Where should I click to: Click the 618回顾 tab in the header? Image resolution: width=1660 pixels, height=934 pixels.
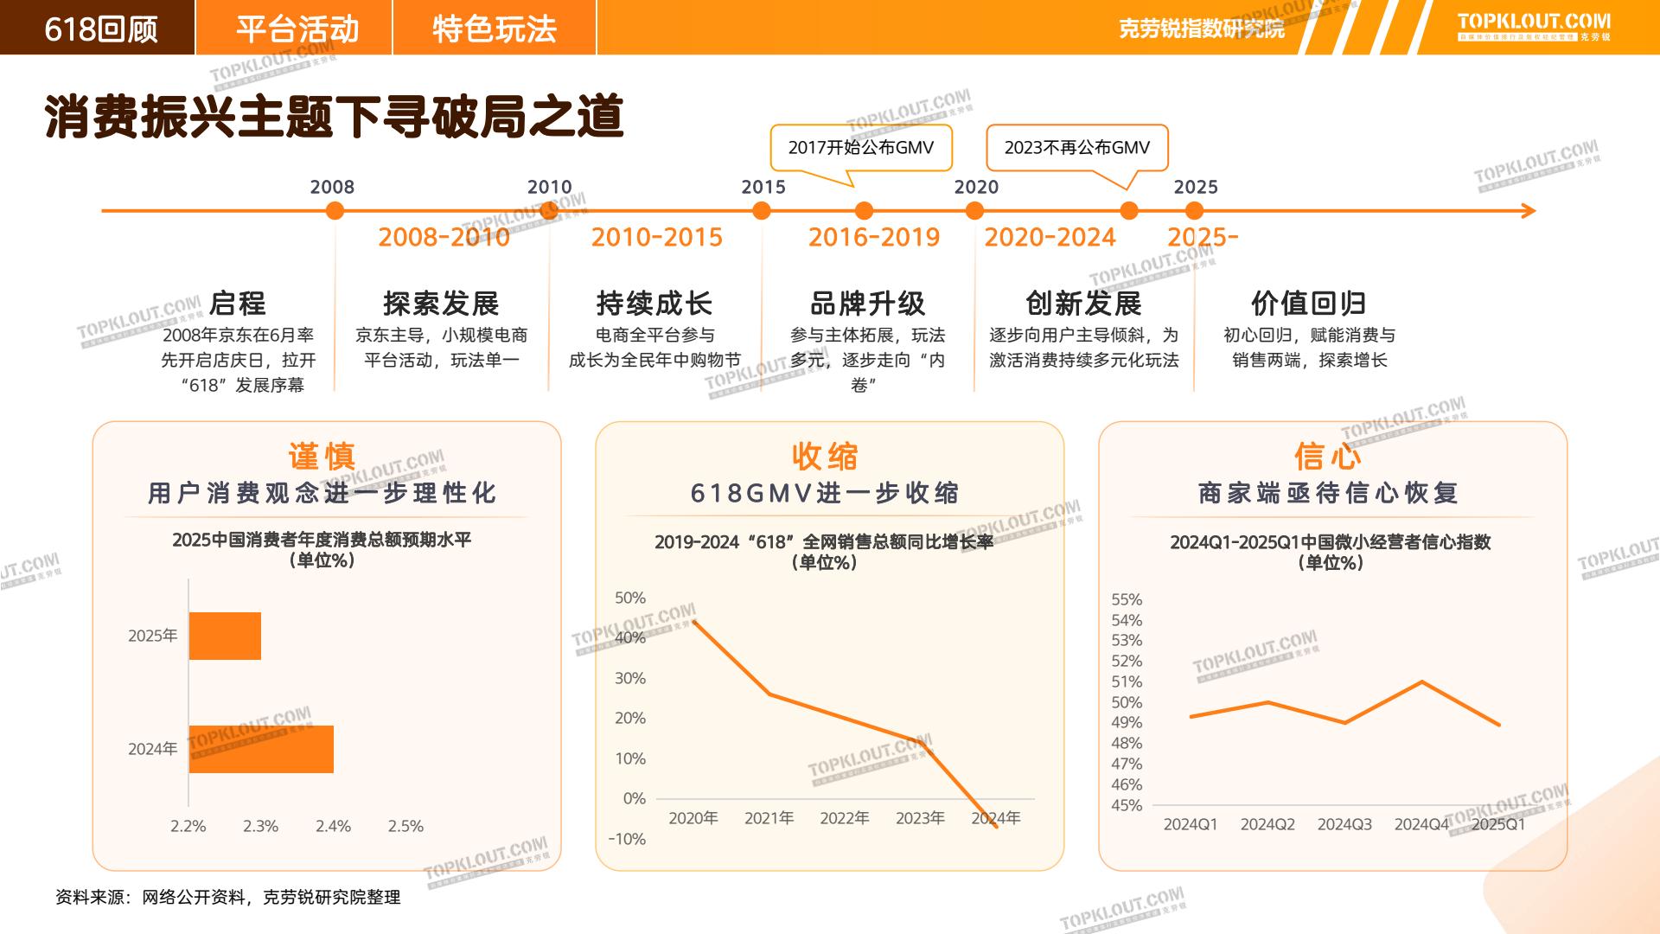tap(100, 29)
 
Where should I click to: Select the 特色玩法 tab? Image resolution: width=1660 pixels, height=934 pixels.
tap(494, 29)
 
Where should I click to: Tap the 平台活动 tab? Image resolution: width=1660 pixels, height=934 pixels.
tap(297, 29)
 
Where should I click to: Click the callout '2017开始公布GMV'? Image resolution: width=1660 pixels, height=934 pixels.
tap(860, 148)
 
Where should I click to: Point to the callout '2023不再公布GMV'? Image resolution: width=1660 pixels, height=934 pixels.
tap(1076, 148)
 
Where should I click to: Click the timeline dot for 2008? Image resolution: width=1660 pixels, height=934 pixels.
tap(335, 210)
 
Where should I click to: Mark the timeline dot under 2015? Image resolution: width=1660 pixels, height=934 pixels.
tap(762, 210)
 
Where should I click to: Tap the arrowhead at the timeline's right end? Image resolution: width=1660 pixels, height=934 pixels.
tap(1528, 210)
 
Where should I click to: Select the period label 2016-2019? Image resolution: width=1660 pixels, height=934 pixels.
tap(873, 238)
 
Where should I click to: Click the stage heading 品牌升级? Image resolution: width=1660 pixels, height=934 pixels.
tap(867, 304)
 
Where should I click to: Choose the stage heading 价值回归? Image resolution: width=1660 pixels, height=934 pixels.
tap(1308, 304)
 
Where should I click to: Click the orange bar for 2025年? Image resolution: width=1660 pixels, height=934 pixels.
tap(225, 636)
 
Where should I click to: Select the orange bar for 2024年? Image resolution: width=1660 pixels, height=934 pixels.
tap(261, 749)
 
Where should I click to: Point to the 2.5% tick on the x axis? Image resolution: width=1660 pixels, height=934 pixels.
tap(405, 827)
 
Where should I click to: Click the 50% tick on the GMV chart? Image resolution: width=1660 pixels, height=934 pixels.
tap(630, 598)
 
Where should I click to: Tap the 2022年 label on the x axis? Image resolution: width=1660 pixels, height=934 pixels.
tap(844, 818)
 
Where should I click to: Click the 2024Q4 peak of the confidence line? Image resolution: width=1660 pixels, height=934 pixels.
tap(1422, 682)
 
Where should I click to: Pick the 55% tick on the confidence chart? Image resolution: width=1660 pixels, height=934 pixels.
tap(1127, 599)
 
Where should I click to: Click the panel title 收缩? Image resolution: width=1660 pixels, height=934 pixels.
tap(825, 456)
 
